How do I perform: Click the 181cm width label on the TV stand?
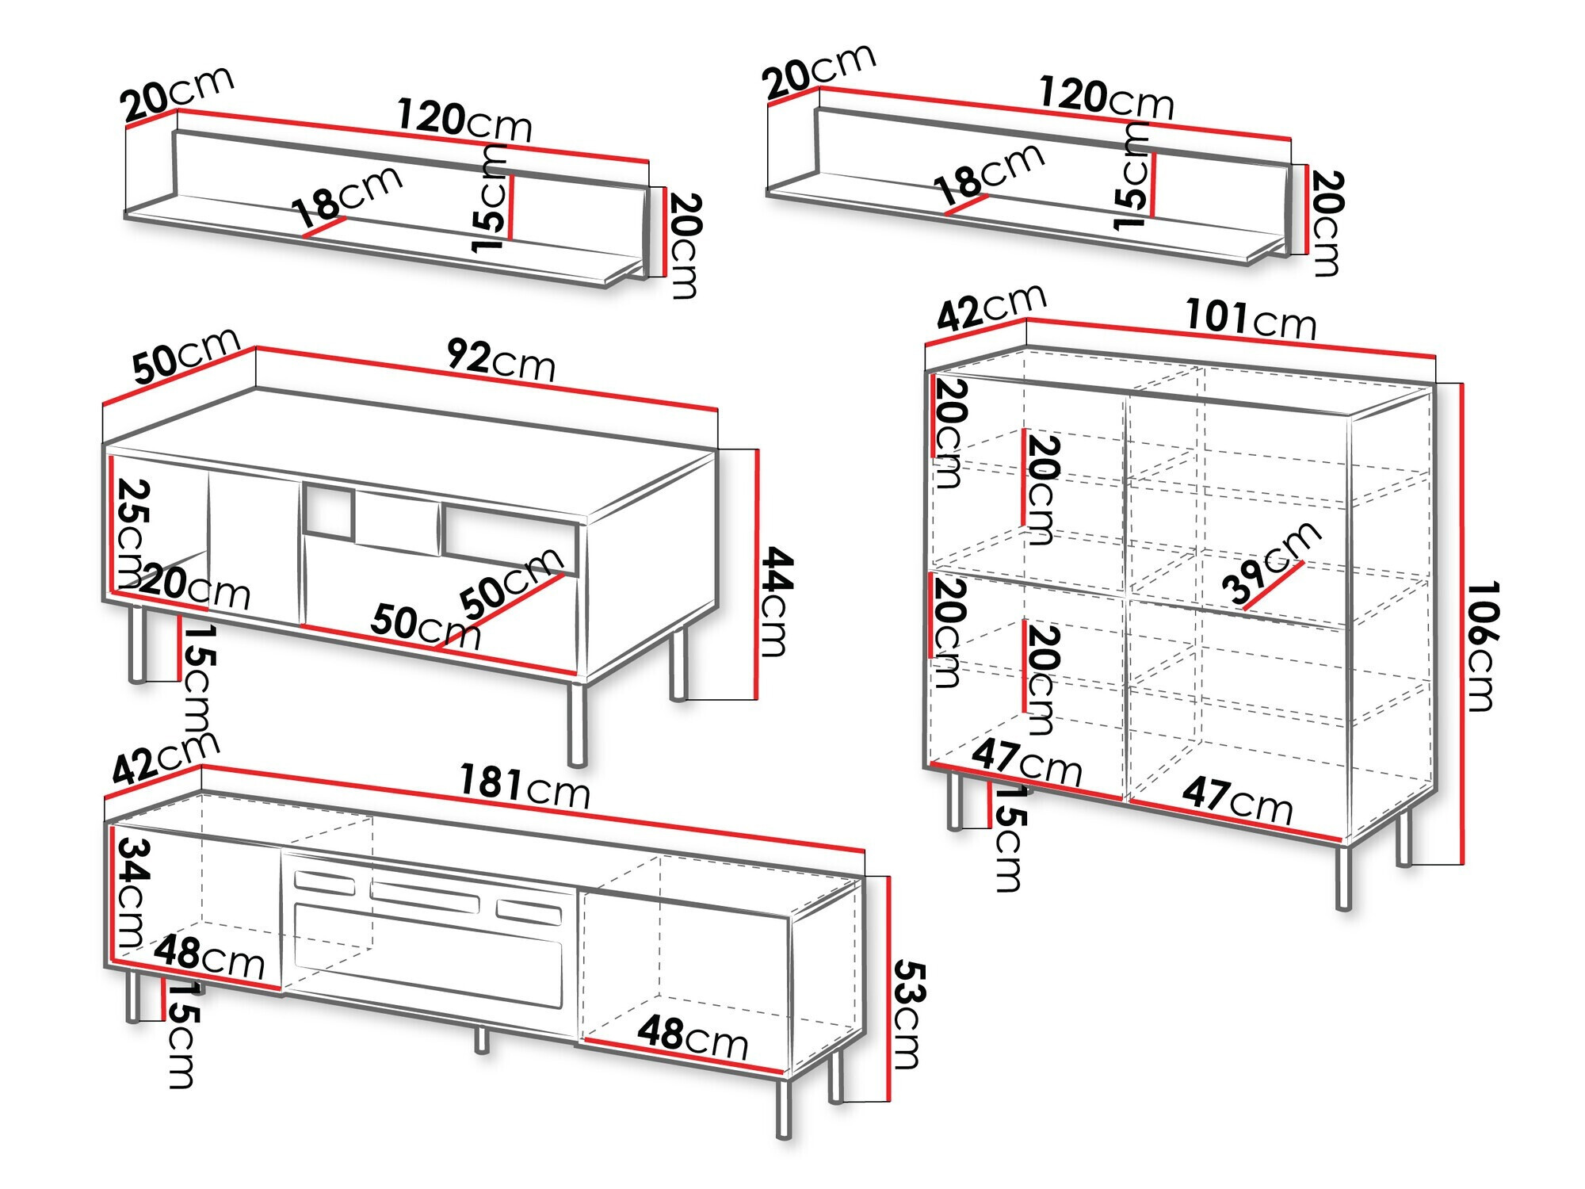[x=525, y=786]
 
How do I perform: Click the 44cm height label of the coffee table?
[x=775, y=602]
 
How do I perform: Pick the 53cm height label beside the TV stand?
[x=908, y=1015]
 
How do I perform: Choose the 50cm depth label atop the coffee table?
[x=185, y=354]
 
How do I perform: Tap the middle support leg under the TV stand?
[x=481, y=1039]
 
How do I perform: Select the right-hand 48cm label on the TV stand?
[x=692, y=1037]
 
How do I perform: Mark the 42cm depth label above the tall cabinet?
[x=991, y=306]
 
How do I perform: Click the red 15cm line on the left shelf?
[x=511, y=207]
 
